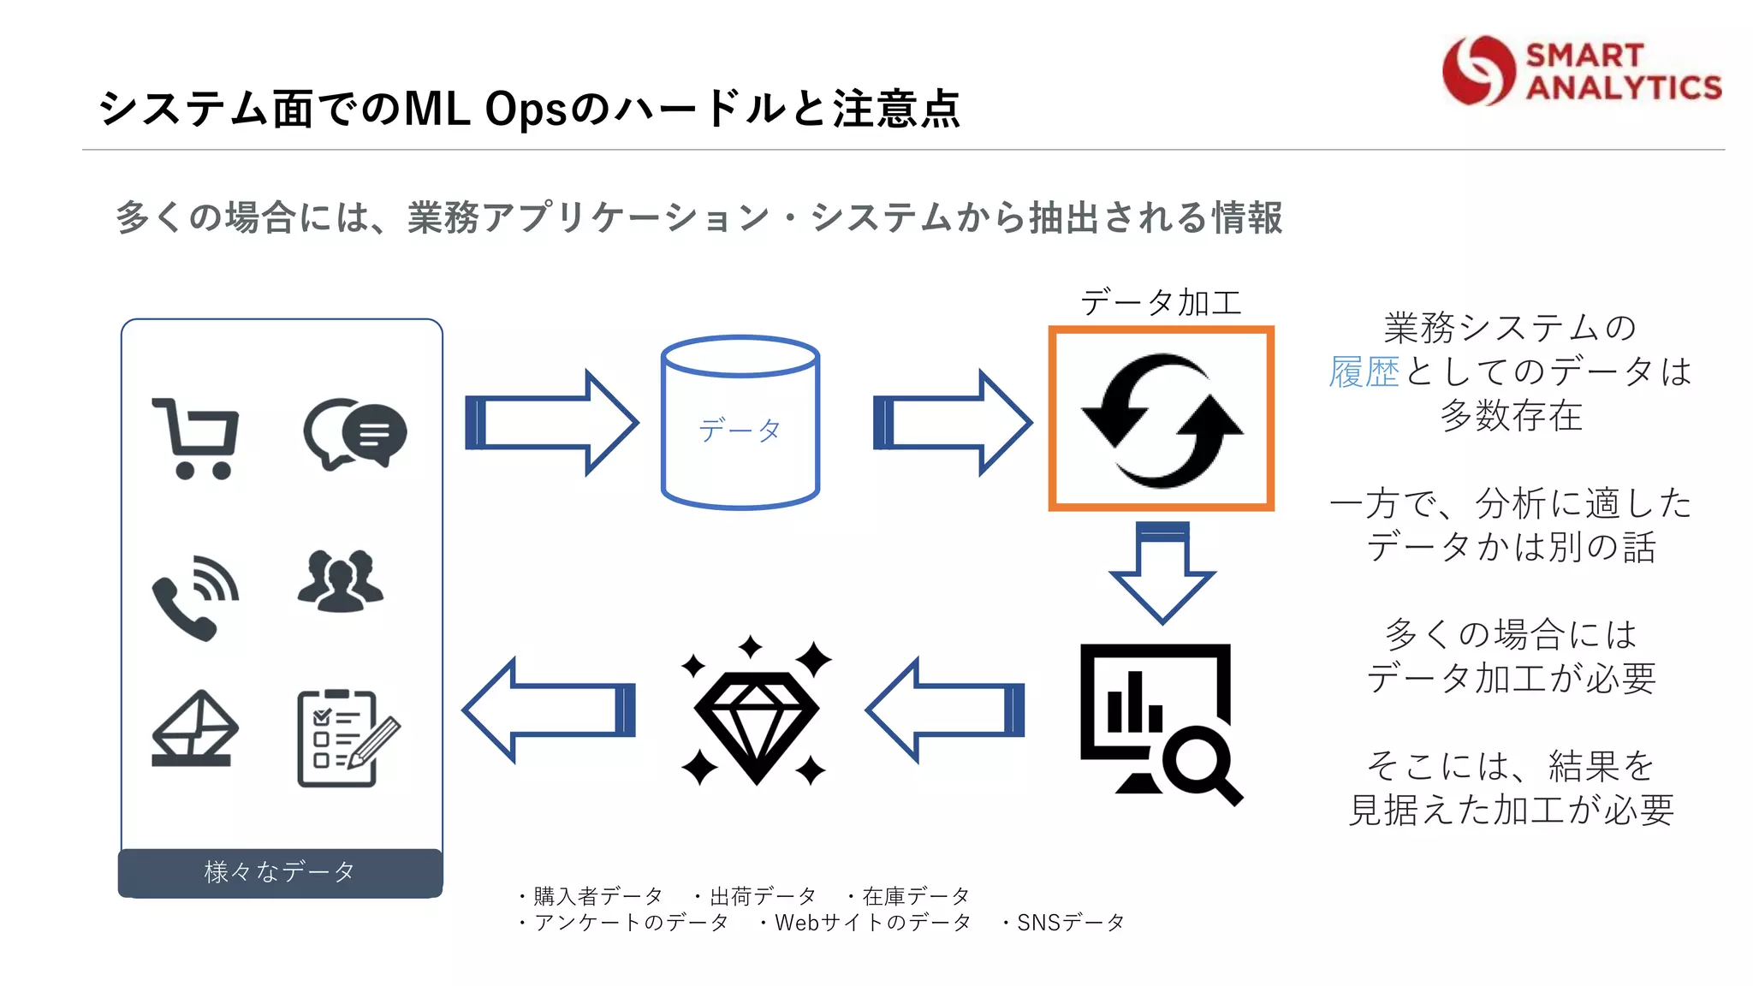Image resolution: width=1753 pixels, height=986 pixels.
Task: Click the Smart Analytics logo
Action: click(1582, 71)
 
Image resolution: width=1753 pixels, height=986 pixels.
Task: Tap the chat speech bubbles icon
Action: click(355, 433)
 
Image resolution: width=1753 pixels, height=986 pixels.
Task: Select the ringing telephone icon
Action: click(195, 597)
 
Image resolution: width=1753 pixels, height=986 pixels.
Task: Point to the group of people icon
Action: click(341, 581)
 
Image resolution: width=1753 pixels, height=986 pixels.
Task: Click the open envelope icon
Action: click(194, 728)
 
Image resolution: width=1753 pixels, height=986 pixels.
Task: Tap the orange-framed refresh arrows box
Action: click(1162, 419)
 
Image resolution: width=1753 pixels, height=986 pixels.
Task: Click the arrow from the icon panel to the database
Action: click(552, 423)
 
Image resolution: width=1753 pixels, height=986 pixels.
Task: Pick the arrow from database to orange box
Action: click(952, 423)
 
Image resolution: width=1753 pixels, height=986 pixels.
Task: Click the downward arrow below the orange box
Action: click(1162, 571)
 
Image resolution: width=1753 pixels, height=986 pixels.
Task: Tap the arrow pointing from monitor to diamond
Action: click(946, 710)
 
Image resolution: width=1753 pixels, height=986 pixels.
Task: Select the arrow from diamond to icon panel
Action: click(550, 710)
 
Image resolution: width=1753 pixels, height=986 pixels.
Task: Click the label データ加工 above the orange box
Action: click(1161, 302)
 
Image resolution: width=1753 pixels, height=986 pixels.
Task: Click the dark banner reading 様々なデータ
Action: click(280, 872)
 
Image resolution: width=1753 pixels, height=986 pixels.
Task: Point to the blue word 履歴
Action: click(1364, 372)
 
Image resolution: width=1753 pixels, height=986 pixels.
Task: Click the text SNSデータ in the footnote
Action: click(1070, 923)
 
